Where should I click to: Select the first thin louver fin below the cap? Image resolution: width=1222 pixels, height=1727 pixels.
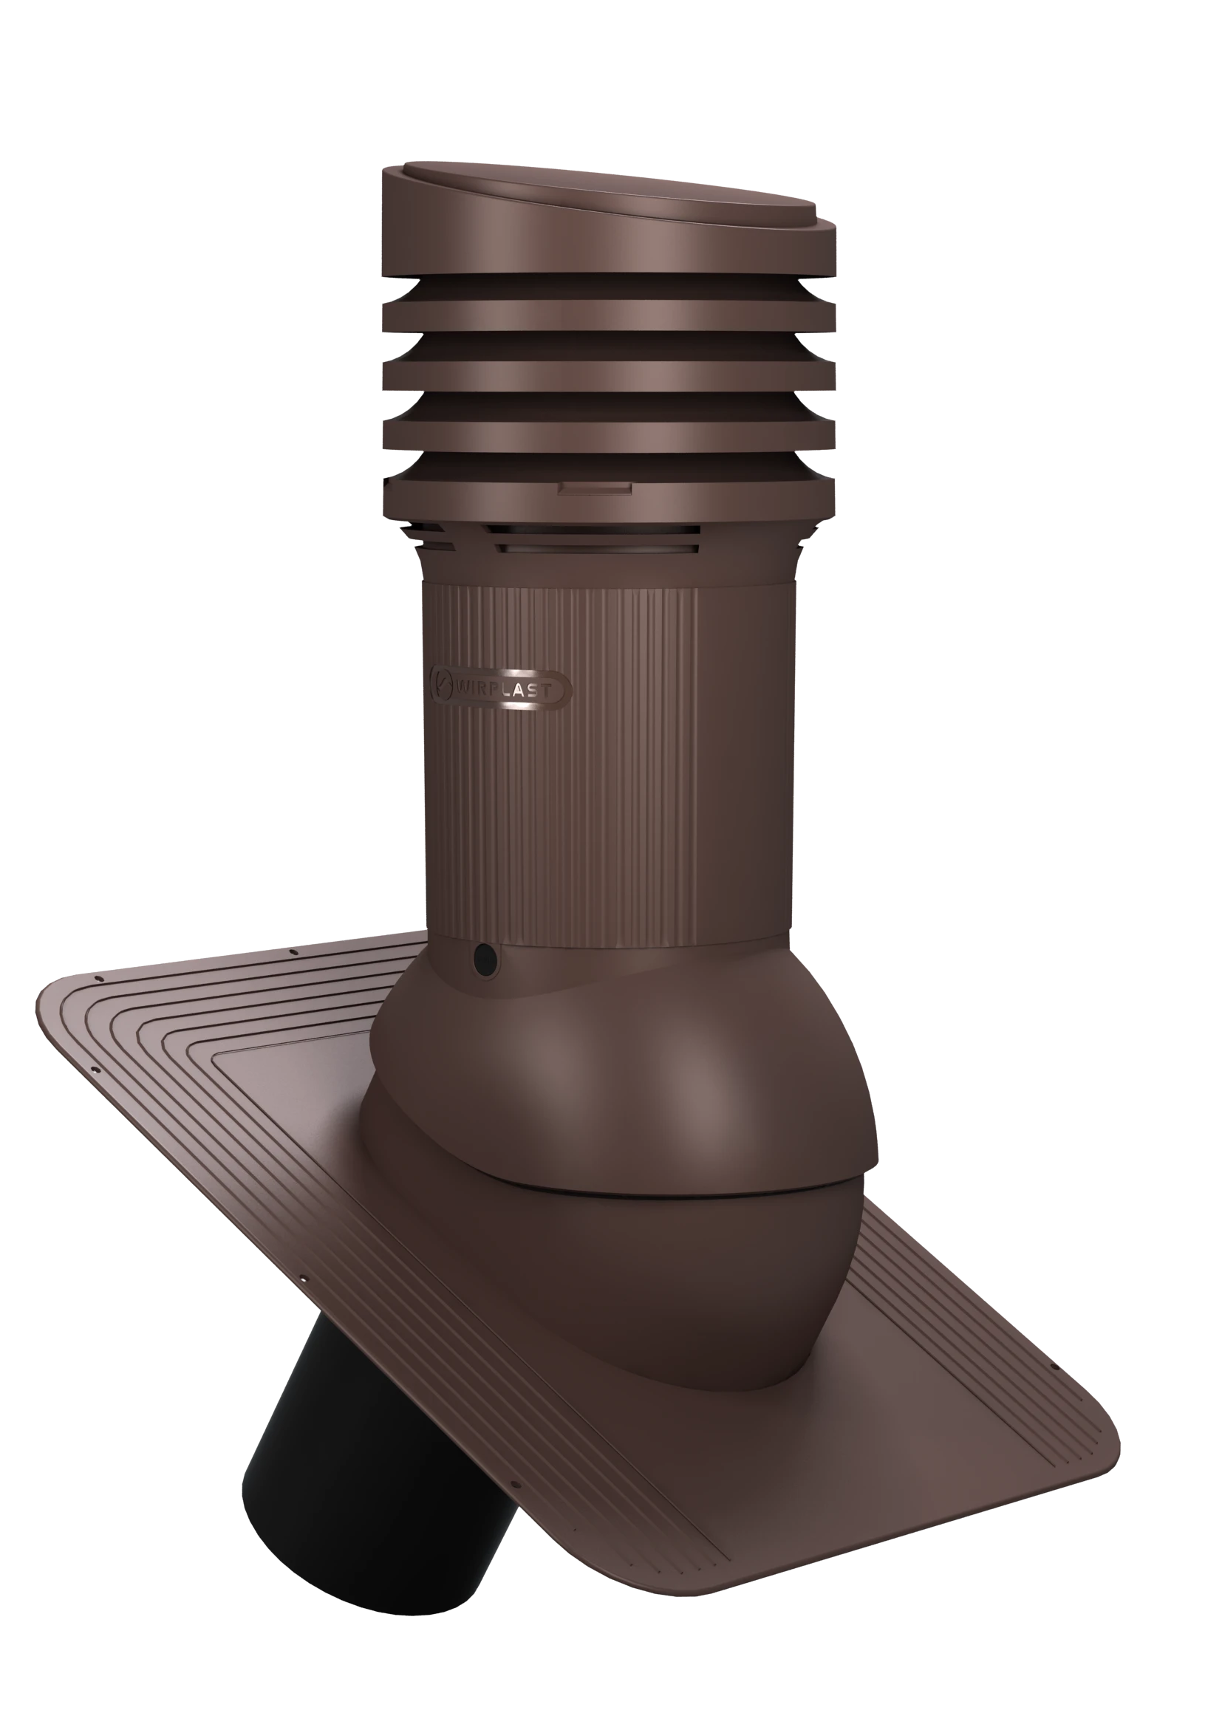pos(609,316)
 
